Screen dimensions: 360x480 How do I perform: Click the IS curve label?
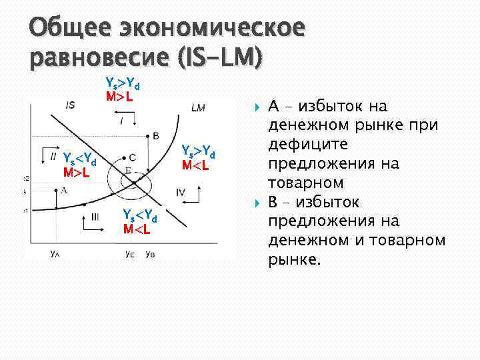pos(70,104)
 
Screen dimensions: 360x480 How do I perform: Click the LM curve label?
pos(198,108)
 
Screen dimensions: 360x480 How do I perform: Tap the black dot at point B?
pos(147,135)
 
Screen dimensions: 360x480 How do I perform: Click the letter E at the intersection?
pos(127,171)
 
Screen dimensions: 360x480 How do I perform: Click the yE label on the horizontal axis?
pos(131,254)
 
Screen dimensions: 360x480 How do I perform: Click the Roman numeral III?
pos(95,216)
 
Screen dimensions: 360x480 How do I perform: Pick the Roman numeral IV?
pos(181,192)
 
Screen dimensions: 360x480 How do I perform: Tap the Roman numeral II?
pos(53,156)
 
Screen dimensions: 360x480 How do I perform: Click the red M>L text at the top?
pos(119,97)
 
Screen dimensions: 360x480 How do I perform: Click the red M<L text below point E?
pos(137,230)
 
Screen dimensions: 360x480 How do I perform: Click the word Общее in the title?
pos(67,28)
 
